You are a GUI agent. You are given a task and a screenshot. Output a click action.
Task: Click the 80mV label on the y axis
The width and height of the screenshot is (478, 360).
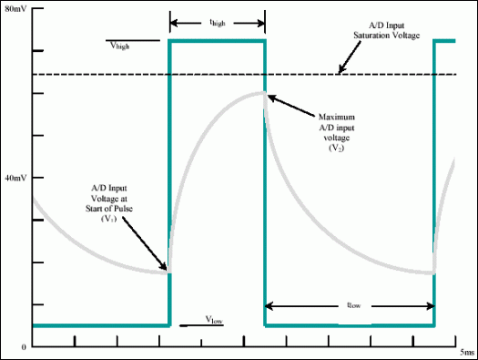click(16, 7)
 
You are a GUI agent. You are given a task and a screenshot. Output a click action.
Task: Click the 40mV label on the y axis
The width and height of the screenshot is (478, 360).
click(16, 179)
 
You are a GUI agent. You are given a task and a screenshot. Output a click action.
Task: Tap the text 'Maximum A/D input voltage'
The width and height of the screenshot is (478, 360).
click(342, 127)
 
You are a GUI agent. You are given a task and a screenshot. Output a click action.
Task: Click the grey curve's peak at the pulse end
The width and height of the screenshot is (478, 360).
click(263, 92)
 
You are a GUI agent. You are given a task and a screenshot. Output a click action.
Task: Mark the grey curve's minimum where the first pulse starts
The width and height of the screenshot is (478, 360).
click(167, 271)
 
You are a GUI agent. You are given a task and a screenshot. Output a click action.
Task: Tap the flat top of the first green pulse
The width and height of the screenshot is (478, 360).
click(217, 41)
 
